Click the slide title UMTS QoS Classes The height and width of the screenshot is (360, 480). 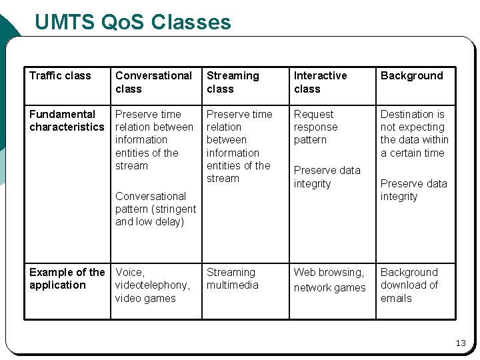[x=133, y=23]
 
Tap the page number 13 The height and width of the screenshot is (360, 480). [x=461, y=343]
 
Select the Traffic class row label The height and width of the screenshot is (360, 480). [x=60, y=75]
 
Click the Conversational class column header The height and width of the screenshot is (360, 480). [x=153, y=82]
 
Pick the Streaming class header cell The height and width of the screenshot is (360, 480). [x=233, y=82]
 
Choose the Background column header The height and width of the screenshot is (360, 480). [x=411, y=75]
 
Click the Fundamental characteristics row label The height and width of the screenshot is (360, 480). [x=67, y=121]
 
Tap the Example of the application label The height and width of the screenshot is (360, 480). [x=67, y=279]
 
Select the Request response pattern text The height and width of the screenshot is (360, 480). [x=316, y=127]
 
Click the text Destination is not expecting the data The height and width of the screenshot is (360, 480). [x=414, y=133]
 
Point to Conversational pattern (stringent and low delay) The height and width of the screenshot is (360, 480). [x=155, y=209]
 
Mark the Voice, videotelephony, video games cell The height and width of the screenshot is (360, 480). [x=152, y=285]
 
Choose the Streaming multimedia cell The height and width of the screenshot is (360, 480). [x=231, y=279]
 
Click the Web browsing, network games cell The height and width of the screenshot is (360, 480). [x=329, y=280]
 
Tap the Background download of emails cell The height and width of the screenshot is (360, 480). [x=409, y=285]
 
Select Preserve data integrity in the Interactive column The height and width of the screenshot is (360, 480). [x=327, y=177]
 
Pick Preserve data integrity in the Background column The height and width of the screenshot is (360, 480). [x=413, y=190]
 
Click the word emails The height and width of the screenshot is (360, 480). [x=396, y=299]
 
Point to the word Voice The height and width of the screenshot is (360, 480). [x=129, y=272]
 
